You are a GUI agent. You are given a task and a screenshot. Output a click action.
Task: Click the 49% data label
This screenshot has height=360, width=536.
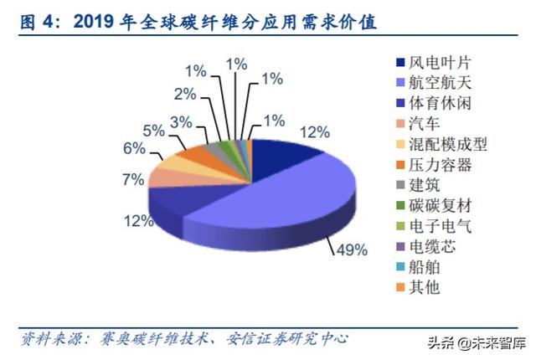click(353, 249)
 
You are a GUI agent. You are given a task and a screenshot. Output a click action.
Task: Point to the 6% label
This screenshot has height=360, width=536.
click(134, 147)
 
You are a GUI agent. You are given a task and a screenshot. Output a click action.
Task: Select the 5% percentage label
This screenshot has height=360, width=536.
click(153, 131)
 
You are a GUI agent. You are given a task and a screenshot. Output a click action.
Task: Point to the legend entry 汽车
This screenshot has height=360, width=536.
click(423, 124)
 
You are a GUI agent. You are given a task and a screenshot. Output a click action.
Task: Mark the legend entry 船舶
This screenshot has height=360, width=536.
click(423, 268)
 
